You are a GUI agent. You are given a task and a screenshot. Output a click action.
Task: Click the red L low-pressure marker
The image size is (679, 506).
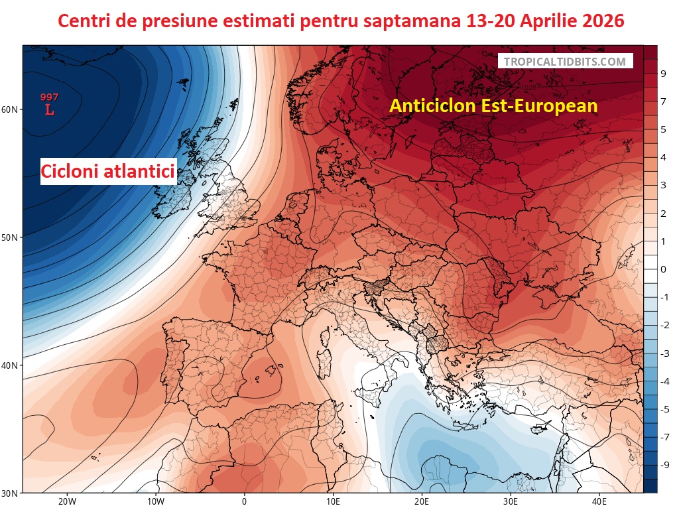(50, 110)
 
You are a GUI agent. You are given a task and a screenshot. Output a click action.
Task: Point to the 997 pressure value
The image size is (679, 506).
(50, 97)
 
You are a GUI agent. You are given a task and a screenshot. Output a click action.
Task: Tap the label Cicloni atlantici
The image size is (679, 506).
(108, 172)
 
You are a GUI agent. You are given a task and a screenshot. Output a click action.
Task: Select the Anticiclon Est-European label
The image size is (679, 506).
(493, 105)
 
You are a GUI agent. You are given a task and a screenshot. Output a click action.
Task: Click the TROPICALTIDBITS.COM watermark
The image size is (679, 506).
(564, 62)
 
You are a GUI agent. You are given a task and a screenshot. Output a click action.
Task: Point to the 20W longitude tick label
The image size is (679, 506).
(67, 501)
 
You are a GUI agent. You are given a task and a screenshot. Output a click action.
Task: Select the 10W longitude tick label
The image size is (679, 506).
(156, 501)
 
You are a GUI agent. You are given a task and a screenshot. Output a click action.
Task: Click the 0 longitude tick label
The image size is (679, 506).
(245, 501)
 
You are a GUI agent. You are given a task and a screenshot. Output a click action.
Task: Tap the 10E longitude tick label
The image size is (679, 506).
(334, 501)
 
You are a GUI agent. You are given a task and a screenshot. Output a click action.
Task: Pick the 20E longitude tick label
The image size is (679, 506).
(422, 501)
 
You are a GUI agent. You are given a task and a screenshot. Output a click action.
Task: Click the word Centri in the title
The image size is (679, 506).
(86, 21)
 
